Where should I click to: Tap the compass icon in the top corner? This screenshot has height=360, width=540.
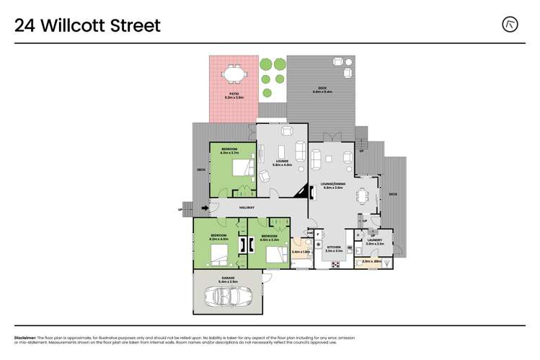[510, 25]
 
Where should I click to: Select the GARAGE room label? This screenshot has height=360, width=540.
[228, 277]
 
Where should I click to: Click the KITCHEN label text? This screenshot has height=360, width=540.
[334, 247]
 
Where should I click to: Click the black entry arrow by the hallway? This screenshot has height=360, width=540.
[205, 208]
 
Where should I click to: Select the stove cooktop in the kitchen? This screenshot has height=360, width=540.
[335, 265]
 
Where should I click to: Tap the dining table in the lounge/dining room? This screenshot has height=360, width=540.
[364, 194]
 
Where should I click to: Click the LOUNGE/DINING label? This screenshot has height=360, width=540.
[332, 184]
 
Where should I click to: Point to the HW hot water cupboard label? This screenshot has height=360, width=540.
[310, 232]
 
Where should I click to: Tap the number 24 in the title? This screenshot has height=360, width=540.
[25, 26]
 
